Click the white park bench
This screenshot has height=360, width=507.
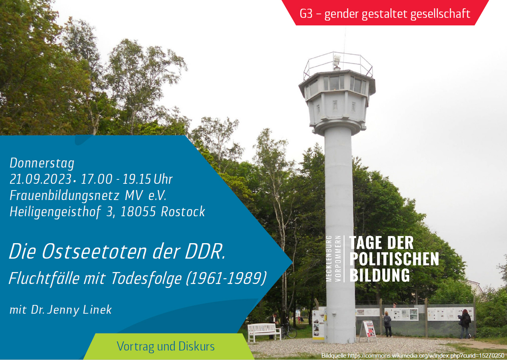(x=264, y=331)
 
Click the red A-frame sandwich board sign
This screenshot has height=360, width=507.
(x=368, y=330)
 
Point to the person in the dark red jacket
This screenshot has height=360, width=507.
(x=465, y=323)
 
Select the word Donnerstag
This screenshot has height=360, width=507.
(x=42, y=163)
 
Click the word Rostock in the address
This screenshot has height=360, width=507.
(x=183, y=212)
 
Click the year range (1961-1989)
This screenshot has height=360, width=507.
(x=227, y=278)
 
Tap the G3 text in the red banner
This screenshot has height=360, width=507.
(x=306, y=14)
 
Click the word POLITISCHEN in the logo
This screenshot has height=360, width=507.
(x=394, y=259)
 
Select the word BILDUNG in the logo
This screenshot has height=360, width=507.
(x=379, y=275)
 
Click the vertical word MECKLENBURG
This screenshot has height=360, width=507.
(x=329, y=258)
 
